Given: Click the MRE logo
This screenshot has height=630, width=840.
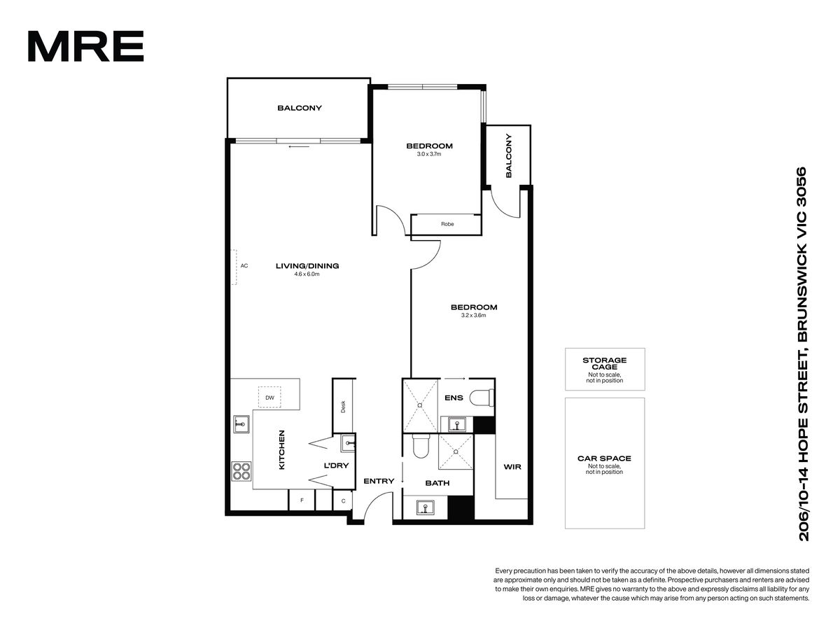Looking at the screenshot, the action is click(85, 46).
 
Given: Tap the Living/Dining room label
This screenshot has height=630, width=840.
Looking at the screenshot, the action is click(307, 266).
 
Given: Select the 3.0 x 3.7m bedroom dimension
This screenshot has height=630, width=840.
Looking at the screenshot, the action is click(429, 154).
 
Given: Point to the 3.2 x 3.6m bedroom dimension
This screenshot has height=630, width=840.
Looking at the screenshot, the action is click(474, 316).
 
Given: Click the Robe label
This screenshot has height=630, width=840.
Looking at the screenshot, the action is click(447, 224).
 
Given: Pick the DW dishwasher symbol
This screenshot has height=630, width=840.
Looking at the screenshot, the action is click(269, 398).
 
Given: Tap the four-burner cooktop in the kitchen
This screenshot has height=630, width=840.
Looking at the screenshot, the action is click(241, 471).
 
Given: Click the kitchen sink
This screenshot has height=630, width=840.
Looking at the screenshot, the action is click(241, 424).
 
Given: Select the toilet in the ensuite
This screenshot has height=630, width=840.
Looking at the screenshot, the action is click(482, 398).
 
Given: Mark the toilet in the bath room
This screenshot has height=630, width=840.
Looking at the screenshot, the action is click(421, 446).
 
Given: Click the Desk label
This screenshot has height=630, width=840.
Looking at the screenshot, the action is click(343, 407).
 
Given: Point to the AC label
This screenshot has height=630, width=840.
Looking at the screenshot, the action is click(244, 266).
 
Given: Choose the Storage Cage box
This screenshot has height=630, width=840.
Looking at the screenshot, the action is click(605, 369).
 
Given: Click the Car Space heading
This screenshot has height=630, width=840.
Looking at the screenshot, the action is click(604, 458).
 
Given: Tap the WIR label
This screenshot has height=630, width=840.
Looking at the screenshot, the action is click(512, 467).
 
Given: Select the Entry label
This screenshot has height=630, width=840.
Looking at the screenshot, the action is click(379, 481).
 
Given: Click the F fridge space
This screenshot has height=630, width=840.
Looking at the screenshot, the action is click(302, 500).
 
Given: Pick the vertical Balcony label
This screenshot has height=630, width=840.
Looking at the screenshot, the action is click(509, 155).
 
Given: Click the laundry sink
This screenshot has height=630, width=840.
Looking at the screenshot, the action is click(348, 444).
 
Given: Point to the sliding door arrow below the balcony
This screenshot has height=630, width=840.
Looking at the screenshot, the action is click(300, 146).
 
